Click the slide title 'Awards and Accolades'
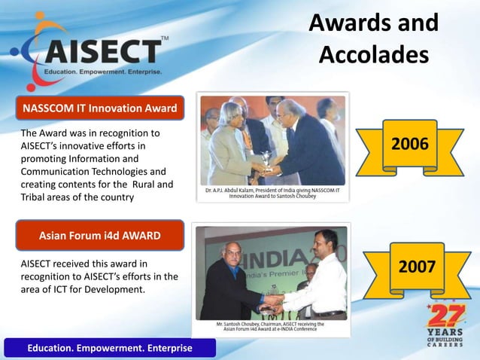tap(373, 38)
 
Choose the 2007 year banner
tap(416, 267)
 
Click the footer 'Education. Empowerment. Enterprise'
tap(110, 348)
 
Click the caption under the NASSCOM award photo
tap(272, 194)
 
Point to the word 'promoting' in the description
tap(41, 159)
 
